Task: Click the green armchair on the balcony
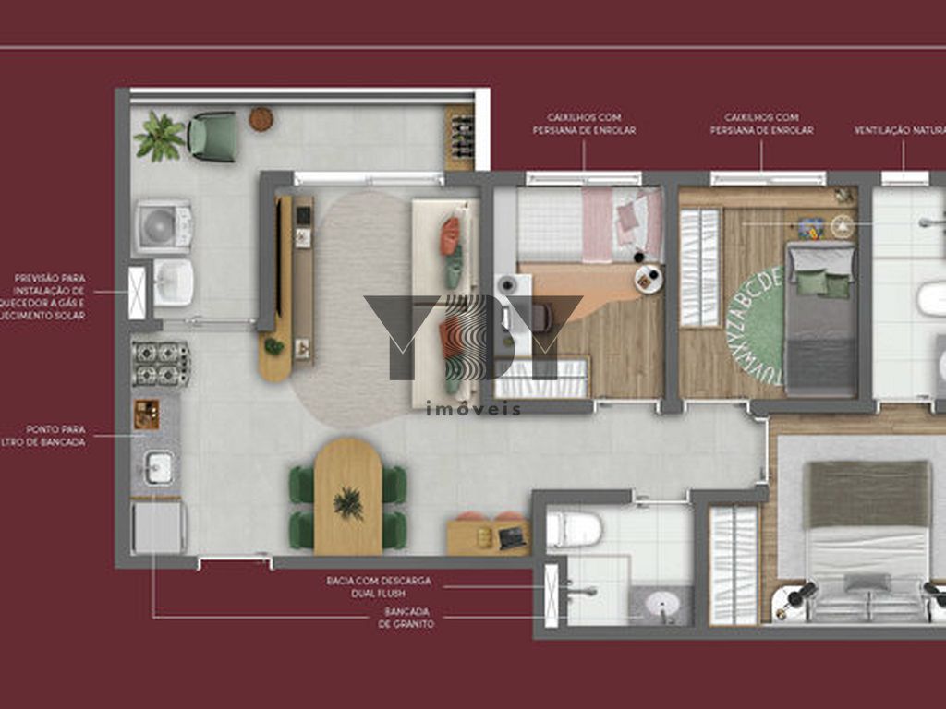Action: coord(212,136)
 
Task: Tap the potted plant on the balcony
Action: coord(159,137)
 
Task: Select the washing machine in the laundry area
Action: coord(164,227)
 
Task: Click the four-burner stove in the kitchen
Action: coord(161,363)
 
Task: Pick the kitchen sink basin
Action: coord(158,468)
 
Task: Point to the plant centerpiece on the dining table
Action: coord(348,502)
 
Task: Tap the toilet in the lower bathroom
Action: coord(575,530)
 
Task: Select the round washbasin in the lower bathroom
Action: coord(662,605)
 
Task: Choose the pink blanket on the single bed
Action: coord(598,224)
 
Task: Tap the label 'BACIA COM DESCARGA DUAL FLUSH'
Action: coord(379,586)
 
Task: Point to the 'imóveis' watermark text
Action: coord(473,408)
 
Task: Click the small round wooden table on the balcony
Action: coord(261,118)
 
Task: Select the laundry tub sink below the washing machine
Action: coord(173,282)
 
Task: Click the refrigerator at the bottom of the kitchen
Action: coord(158,527)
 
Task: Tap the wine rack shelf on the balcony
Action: coord(459,138)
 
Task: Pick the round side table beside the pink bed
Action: coord(649,279)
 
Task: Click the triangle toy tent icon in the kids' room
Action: coord(842,225)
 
